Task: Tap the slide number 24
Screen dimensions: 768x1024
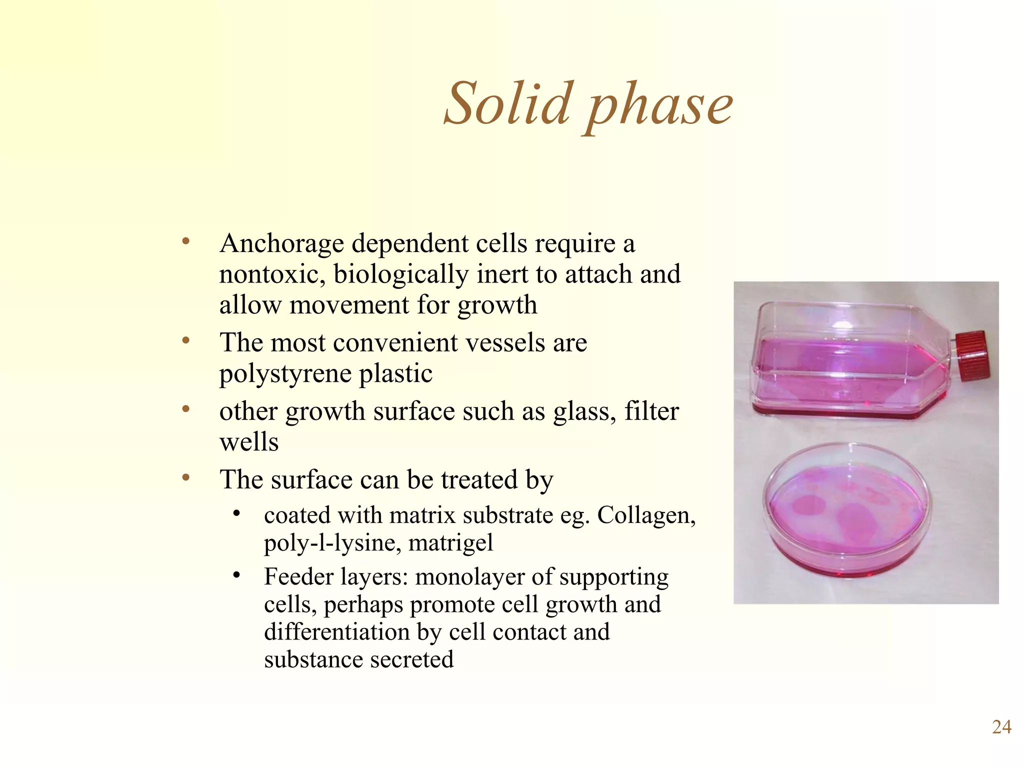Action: [x=1001, y=727]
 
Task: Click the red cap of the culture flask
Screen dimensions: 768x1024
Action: [x=972, y=355]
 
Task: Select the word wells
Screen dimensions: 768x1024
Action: [x=249, y=442]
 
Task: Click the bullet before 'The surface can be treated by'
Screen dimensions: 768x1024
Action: [x=186, y=478]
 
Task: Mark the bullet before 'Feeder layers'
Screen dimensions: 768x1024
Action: [x=237, y=575]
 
